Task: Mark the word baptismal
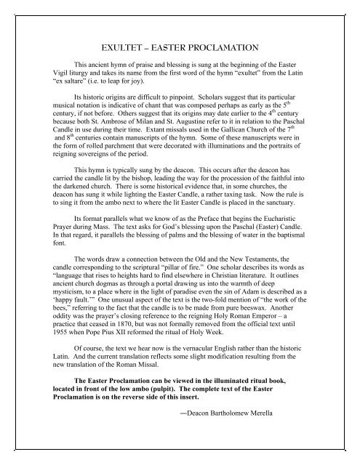[303, 278]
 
